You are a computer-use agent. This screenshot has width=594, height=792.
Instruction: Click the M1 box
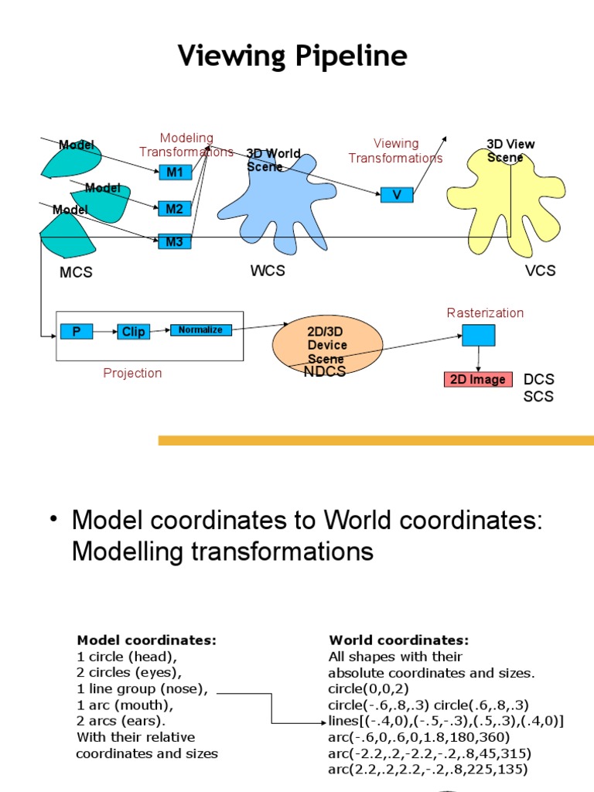(x=175, y=172)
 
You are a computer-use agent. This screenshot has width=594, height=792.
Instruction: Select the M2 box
(x=175, y=208)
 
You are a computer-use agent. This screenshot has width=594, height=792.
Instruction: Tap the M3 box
(x=174, y=241)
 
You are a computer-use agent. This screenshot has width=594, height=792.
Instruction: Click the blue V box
(x=397, y=195)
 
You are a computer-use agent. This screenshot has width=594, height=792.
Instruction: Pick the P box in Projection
(x=76, y=332)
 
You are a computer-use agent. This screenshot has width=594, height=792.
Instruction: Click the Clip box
(x=133, y=332)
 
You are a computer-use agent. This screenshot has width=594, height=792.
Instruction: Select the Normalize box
(x=200, y=330)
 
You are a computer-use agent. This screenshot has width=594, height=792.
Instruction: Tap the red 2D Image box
(x=477, y=379)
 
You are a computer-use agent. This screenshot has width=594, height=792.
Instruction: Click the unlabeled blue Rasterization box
(x=479, y=335)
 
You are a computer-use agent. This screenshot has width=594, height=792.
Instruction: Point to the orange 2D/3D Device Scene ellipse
(x=327, y=344)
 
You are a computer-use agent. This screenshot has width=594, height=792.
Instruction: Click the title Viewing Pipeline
(x=292, y=56)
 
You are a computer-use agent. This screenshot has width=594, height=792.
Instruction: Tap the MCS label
(x=76, y=272)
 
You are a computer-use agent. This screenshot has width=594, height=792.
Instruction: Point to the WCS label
(x=268, y=271)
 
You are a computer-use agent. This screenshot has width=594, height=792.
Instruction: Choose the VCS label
(x=540, y=271)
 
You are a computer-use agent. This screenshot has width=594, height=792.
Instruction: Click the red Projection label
(x=132, y=373)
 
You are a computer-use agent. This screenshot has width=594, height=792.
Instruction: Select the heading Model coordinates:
(x=146, y=640)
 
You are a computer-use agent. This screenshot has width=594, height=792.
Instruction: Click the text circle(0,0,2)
(x=366, y=688)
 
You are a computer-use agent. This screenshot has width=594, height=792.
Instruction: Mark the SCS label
(x=538, y=396)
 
